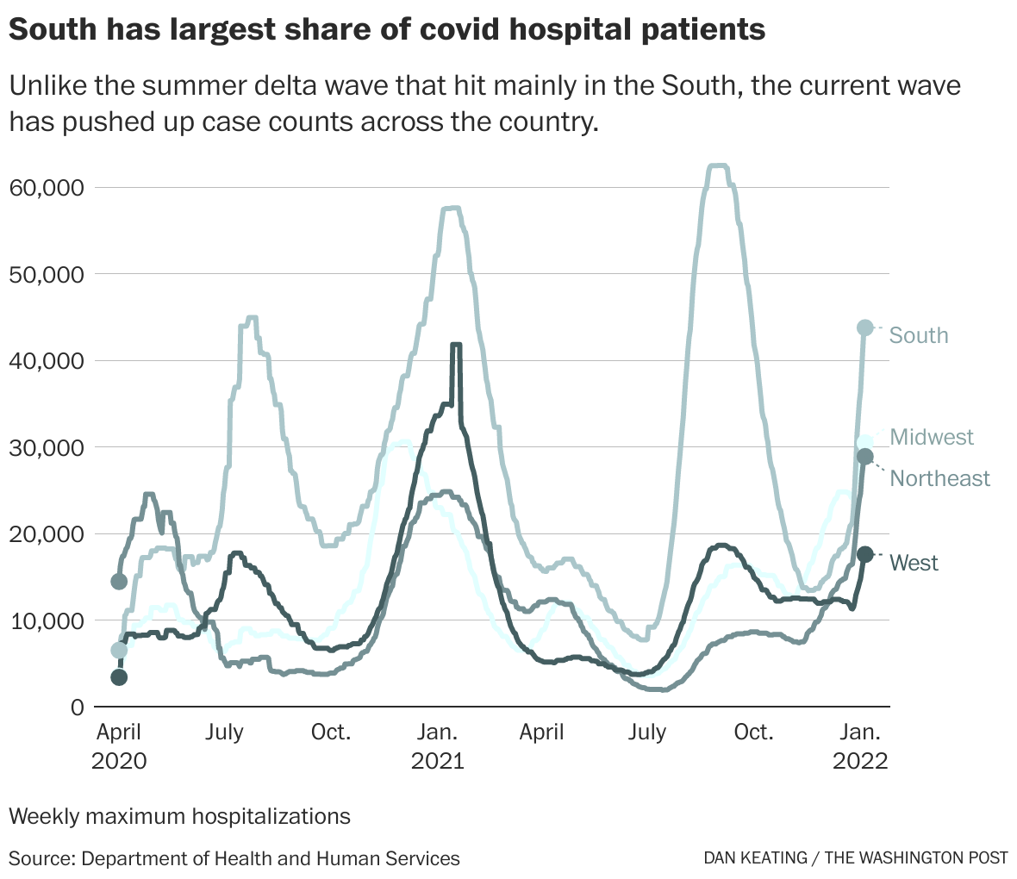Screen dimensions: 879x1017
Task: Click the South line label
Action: (918, 335)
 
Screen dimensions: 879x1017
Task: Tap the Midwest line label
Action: (932, 437)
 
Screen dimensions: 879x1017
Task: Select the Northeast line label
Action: (939, 478)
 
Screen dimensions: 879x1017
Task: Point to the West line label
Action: (914, 563)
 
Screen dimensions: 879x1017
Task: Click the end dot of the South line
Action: (865, 327)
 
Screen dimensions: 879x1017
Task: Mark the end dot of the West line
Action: (865, 555)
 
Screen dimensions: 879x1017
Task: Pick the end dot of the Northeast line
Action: (865, 456)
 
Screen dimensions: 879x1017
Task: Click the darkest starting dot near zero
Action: (119, 677)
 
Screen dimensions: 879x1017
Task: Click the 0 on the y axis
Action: (77, 707)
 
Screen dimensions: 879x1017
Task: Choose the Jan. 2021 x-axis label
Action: (437, 746)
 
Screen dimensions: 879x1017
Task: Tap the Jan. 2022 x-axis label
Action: (860, 746)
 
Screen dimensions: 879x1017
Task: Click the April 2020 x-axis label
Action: (119, 746)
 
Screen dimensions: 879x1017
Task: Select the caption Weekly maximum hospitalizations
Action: (179, 815)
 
